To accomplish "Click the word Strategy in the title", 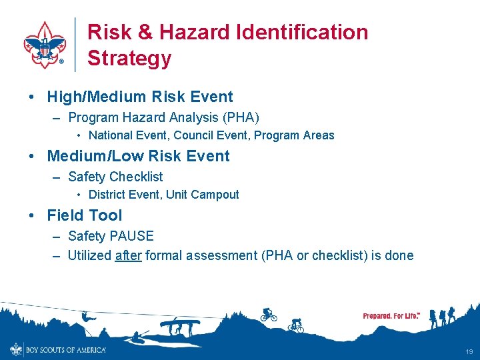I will click(x=129, y=58).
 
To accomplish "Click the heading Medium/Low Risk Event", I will click(x=138, y=156).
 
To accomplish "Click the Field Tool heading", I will click(x=85, y=215).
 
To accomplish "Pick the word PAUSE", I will click(x=132, y=236).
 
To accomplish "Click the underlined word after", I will click(x=128, y=255).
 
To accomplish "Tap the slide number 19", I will click(x=469, y=351).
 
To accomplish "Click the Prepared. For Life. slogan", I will click(x=391, y=315).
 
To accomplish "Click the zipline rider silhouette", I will click(x=87, y=317).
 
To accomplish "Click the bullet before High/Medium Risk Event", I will click(x=32, y=97).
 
